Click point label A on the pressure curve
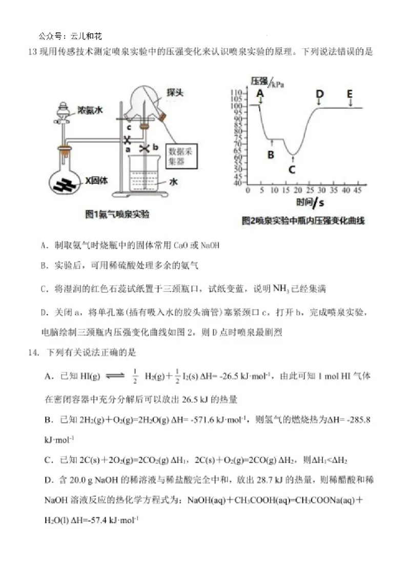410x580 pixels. [260, 93]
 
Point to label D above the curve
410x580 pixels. [320, 94]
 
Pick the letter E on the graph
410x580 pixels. [350, 94]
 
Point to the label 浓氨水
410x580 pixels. [90, 110]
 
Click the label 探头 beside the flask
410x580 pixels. [175, 92]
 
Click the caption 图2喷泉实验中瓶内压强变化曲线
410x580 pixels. [303, 221]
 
